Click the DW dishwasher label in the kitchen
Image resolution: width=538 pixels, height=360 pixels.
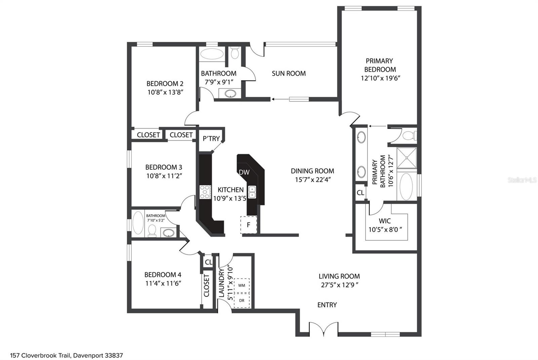pyautogui.click(x=244, y=172)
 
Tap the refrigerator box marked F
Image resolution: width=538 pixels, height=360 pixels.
pyautogui.click(x=248, y=225)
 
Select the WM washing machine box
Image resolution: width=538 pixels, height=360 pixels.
pyautogui.click(x=242, y=285)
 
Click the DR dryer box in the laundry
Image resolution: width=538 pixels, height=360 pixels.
pyautogui.click(x=242, y=300)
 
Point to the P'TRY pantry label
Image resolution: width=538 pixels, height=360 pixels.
pyautogui.click(x=211, y=138)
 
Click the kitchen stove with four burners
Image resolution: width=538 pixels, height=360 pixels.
pyautogui.click(x=205, y=192)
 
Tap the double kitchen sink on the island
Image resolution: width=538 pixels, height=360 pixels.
pyautogui.click(x=252, y=192)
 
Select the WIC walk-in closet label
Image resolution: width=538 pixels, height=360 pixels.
pyautogui.click(x=385, y=221)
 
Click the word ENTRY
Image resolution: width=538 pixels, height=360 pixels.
pyautogui.click(x=327, y=305)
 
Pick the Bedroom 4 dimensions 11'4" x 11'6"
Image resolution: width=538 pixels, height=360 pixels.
pyautogui.click(x=163, y=283)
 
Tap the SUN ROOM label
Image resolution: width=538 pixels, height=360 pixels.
pyautogui.click(x=289, y=73)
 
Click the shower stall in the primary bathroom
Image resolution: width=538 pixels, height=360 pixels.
pyautogui.click(x=407, y=157)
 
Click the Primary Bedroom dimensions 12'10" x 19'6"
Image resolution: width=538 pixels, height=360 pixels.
pyautogui.click(x=380, y=78)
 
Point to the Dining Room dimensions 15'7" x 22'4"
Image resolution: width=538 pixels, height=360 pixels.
pyautogui.click(x=313, y=180)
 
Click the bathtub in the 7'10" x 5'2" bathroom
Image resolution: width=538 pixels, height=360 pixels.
pyautogui.click(x=138, y=223)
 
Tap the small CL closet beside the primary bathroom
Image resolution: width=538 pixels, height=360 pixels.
pyautogui.click(x=360, y=193)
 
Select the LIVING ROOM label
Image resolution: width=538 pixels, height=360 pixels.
pyautogui.click(x=339, y=276)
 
